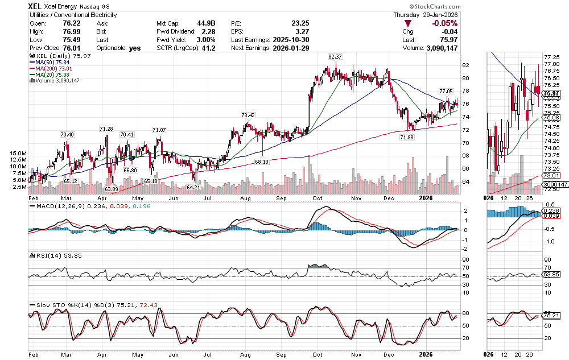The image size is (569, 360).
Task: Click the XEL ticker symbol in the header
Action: pyautogui.click(x=38, y=6)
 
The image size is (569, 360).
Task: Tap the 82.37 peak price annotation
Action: pyautogui.click(x=335, y=57)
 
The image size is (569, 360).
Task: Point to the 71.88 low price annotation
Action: pyautogui.click(x=406, y=138)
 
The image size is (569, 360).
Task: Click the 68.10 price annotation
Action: pyautogui.click(x=262, y=162)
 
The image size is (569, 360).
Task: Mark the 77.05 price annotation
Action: pyautogui.click(x=446, y=91)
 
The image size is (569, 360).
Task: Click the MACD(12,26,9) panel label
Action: pyautogui.click(x=57, y=206)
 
